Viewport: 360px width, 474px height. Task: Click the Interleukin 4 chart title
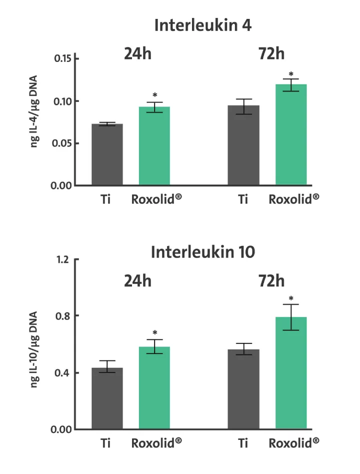pos(202,25)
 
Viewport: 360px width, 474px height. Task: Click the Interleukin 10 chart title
pos(202,252)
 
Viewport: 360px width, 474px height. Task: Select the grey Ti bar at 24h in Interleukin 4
pos(107,154)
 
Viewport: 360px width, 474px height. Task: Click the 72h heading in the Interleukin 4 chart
pos(271,53)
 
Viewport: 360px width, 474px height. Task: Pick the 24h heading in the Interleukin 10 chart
pos(137,281)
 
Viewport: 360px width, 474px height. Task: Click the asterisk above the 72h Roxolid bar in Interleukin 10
pos(291,298)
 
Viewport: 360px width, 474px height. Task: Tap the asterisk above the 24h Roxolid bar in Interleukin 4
pos(155,95)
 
